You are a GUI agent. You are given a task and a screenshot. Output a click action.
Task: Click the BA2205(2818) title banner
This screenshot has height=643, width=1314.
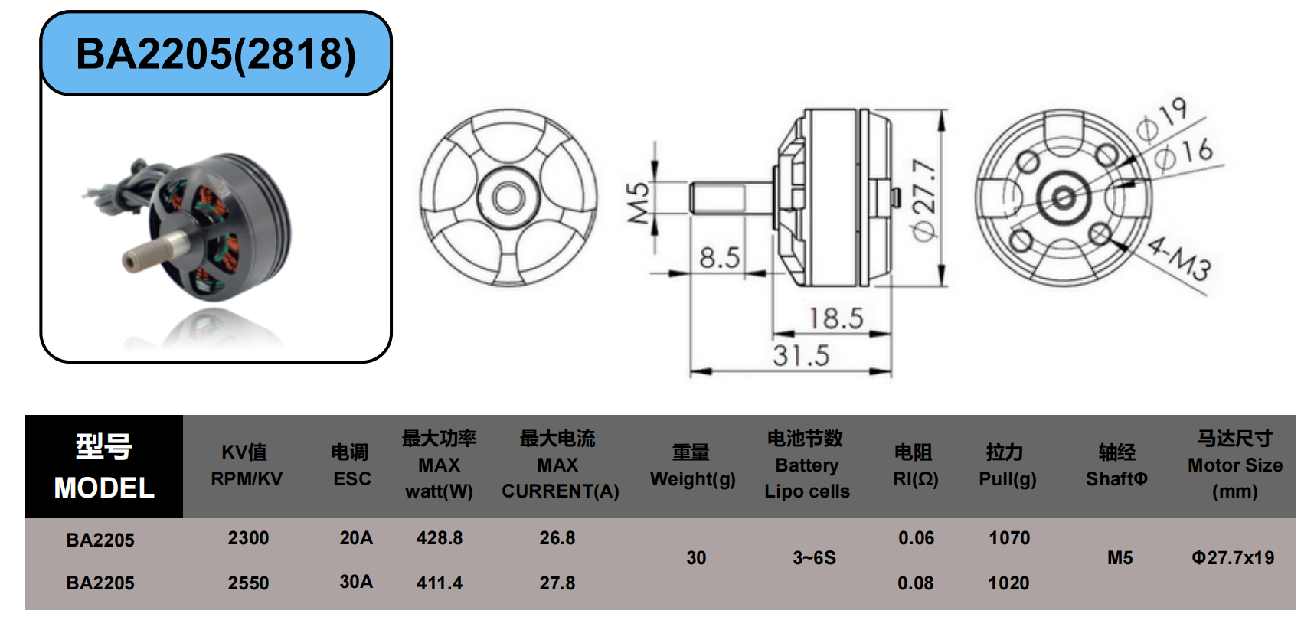tap(216, 54)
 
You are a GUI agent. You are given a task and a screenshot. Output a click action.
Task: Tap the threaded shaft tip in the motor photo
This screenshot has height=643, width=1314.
tap(132, 261)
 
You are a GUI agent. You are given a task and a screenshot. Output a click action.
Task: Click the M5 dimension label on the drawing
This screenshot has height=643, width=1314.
tap(639, 203)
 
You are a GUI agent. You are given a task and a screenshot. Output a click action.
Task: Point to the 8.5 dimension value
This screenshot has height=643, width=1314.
tap(720, 258)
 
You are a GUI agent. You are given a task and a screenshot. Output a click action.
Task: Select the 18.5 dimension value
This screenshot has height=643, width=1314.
tap(836, 318)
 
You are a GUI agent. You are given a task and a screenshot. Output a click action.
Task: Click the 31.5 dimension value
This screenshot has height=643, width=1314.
tap(801, 355)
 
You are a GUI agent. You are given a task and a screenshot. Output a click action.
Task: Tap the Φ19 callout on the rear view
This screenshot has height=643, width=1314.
tap(1162, 120)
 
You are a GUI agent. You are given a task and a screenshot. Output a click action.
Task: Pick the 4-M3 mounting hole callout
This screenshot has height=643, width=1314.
tap(1179, 258)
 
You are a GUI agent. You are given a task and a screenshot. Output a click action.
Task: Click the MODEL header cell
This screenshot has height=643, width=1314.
tap(104, 466)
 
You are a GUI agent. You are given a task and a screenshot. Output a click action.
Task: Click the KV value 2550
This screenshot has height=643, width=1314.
tap(248, 583)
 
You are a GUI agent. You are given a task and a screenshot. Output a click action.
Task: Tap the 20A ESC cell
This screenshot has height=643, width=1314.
tap(356, 538)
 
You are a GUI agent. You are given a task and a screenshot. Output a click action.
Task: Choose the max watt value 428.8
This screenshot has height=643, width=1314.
tap(440, 538)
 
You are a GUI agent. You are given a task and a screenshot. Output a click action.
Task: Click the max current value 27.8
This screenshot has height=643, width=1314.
tap(557, 583)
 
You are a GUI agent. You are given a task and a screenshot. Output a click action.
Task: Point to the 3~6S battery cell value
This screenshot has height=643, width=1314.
tap(814, 558)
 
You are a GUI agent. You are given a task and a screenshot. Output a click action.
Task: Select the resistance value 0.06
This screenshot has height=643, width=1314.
tap(916, 538)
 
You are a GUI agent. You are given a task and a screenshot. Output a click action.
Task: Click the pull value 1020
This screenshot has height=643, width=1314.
tap(1008, 583)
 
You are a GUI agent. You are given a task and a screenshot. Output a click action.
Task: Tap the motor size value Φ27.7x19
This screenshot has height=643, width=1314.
tap(1233, 558)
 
